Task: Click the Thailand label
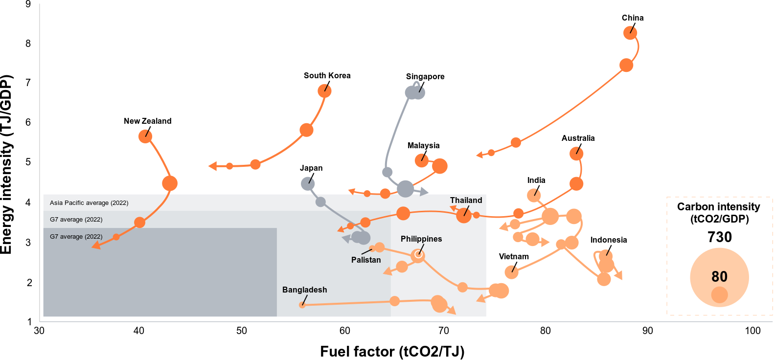pos(466,201)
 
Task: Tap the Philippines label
pos(421,239)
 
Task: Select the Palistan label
pos(365,260)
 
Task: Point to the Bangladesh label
pos(304,290)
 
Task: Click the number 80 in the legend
pos(719,277)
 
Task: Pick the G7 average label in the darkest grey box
pos(76,237)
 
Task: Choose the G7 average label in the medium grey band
pos(76,220)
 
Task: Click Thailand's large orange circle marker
pos(463,215)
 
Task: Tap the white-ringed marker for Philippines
pos(418,255)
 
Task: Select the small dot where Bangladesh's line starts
pos(302,305)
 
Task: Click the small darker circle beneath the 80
pos(719,295)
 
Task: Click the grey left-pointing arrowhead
pos(346,239)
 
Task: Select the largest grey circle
pos(405,189)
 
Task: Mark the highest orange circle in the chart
pos(630,33)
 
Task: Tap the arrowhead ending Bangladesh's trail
pos(452,310)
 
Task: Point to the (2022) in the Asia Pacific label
pos(119,203)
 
